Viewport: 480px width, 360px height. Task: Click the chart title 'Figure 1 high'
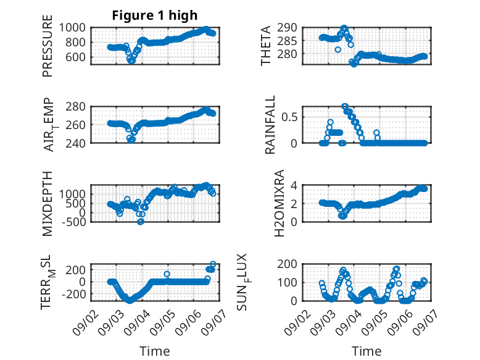pyautogui.click(x=155, y=15)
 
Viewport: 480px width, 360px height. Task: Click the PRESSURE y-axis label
pyautogui.click(x=48, y=46)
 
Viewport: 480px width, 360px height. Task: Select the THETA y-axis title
pyautogui.click(x=266, y=46)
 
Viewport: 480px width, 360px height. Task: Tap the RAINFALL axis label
pyautogui.click(x=270, y=125)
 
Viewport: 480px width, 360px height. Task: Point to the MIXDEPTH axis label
pyautogui.click(x=48, y=204)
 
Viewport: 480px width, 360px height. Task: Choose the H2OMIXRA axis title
pyautogui.click(x=279, y=203)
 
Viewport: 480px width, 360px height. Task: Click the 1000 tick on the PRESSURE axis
pyautogui.click(x=72, y=28)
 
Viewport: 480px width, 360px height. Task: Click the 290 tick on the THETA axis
pyautogui.click(x=287, y=28)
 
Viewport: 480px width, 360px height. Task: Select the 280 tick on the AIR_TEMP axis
pyautogui.click(x=75, y=107)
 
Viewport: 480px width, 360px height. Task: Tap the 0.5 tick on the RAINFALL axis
pyautogui.click(x=289, y=117)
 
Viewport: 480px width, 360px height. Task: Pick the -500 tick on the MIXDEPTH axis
pyautogui.click(x=73, y=222)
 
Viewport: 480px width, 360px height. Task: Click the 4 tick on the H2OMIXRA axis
pyautogui.click(x=294, y=185)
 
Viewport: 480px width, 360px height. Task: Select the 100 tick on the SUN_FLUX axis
pyautogui.click(x=287, y=282)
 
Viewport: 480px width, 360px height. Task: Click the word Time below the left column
pyautogui.click(x=155, y=351)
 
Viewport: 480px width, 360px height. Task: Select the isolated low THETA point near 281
pyautogui.click(x=337, y=49)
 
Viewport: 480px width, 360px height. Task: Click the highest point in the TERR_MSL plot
pyautogui.click(x=213, y=264)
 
